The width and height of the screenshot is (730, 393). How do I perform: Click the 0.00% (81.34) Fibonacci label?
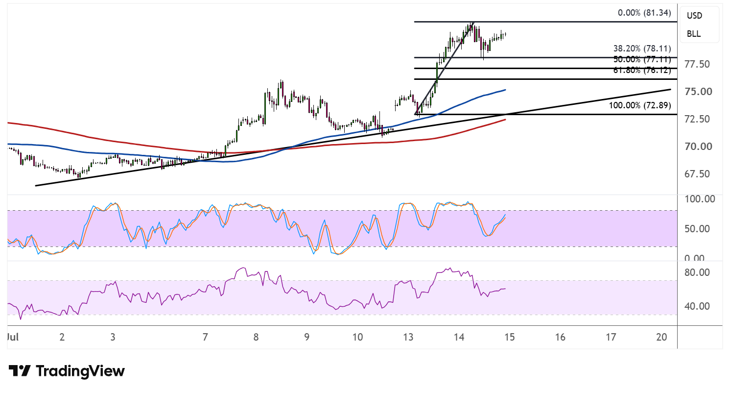point(644,13)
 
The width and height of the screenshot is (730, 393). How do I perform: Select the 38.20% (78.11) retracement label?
point(642,49)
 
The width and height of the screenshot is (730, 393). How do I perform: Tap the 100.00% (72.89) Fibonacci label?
point(640,105)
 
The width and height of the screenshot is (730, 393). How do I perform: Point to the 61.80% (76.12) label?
point(642,70)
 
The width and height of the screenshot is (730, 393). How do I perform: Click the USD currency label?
point(694,16)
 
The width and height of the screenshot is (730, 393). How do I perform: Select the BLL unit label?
point(694,34)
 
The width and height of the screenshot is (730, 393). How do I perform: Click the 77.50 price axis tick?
point(697,64)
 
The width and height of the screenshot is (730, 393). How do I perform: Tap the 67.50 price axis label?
point(697,174)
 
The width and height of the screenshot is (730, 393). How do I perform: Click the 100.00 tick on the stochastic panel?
point(699,199)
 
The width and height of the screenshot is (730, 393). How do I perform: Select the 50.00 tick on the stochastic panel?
point(697,229)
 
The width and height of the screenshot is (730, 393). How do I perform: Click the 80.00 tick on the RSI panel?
point(697,272)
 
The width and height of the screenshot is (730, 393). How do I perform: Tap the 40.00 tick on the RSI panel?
point(697,306)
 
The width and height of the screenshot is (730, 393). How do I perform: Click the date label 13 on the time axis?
point(408,337)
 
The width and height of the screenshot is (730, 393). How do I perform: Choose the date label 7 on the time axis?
point(205,337)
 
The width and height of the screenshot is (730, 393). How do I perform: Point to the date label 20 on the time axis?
point(661,337)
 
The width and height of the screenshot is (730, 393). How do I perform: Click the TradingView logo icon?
point(20,371)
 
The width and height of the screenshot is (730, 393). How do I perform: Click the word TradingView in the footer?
point(80,371)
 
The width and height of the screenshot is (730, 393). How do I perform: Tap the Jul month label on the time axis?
point(13,337)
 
